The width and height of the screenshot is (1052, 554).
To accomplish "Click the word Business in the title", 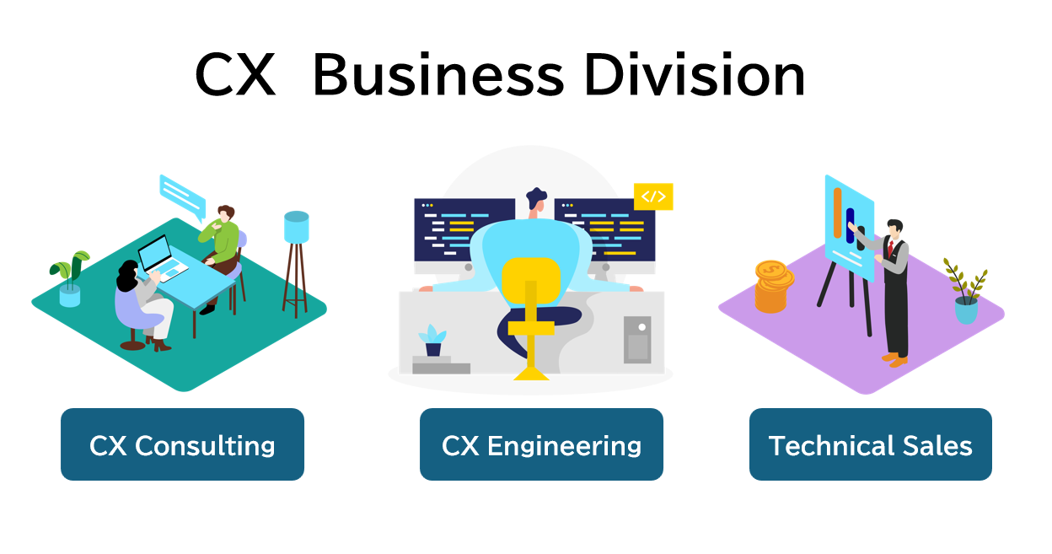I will click(x=437, y=77).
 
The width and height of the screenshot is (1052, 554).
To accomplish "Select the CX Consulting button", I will click(x=182, y=444).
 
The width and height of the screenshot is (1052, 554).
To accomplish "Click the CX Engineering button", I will click(x=541, y=444).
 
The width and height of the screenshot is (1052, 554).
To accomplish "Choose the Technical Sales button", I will click(x=870, y=444).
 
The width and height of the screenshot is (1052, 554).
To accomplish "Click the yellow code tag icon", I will click(x=653, y=196).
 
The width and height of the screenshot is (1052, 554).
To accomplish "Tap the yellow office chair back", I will click(x=531, y=282).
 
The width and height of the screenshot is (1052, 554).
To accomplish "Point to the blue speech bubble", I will click(x=182, y=196).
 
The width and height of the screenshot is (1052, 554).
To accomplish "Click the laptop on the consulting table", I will click(x=158, y=257).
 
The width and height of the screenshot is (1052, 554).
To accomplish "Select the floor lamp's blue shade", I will click(x=297, y=227).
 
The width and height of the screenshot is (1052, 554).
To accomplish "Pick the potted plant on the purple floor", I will click(x=966, y=295).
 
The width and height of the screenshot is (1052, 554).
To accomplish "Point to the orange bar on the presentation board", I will click(x=837, y=211).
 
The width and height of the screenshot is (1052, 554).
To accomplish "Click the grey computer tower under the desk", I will click(x=637, y=339).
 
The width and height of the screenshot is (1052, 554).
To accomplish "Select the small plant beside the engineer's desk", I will click(x=432, y=339).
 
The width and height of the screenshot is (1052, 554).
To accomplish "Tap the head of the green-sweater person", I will click(x=224, y=214).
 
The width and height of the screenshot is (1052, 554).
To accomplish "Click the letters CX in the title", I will click(x=235, y=77).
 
